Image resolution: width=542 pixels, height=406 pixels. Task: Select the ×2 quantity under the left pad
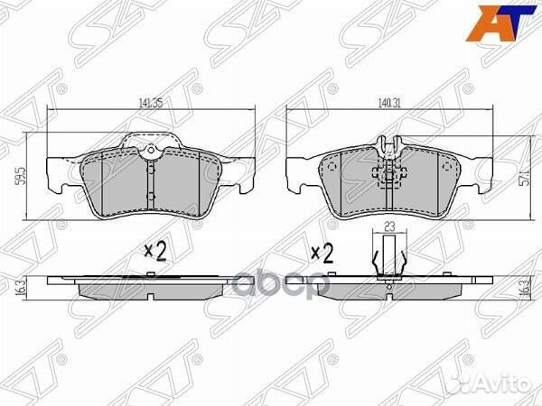pyautogui.click(x=155, y=252)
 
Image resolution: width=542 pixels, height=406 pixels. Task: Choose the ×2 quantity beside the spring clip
pyautogui.click(x=322, y=252)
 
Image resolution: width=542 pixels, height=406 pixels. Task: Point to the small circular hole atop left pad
pyautogui.click(x=153, y=148)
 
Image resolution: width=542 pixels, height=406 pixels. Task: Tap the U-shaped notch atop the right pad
pyautogui.click(x=389, y=144)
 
